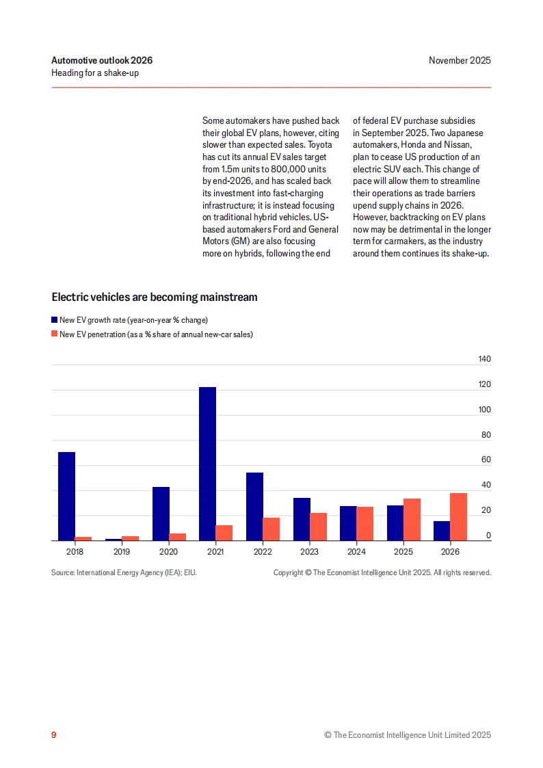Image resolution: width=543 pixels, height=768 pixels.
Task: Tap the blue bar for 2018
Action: click(x=66, y=496)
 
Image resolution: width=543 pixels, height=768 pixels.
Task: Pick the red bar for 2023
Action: click(x=318, y=527)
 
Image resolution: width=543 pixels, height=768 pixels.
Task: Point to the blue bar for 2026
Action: click(x=442, y=531)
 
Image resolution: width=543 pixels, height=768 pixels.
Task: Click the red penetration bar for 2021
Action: click(x=224, y=533)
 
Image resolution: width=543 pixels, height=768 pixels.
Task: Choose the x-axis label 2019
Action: click(x=122, y=551)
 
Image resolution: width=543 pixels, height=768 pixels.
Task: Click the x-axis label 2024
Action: click(x=357, y=551)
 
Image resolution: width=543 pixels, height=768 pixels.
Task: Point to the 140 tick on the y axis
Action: click(x=484, y=359)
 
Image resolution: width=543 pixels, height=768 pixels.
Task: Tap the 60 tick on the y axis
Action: click(x=486, y=460)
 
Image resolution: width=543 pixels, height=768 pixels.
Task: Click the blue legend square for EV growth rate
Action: click(x=55, y=320)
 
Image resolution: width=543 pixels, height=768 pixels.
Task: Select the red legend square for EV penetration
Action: click(x=55, y=334)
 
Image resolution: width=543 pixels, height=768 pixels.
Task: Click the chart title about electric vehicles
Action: click(x=155, y=297)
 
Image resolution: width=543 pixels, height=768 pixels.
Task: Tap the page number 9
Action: click(x=54, y=734)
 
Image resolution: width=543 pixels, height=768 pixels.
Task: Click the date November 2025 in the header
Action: click(x=460, y=60)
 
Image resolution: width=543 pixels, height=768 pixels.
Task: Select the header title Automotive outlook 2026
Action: click(x=102, y=60)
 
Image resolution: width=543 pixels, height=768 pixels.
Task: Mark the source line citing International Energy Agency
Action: click(x=124, y=572)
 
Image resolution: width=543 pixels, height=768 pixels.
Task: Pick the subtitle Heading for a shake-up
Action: click(x=95, y=72)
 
